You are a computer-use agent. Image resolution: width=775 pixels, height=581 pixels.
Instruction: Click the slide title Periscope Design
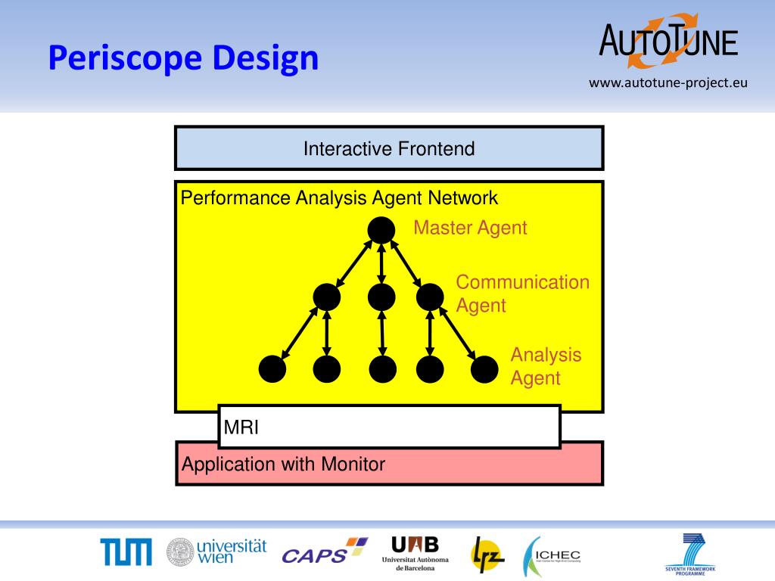pyautogui.click(x=183, y=57)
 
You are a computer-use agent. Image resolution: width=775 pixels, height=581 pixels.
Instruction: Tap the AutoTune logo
pyautogui.click(x=668, y=38)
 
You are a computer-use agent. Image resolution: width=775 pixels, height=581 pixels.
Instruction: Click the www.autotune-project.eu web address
pyautogui.click(x=668, y=82)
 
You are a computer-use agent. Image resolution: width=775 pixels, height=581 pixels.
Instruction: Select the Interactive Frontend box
pyautogui.click(x=389, y=148)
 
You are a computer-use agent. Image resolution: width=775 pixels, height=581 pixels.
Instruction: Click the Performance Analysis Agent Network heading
pyautogui.click(x=339, y=198)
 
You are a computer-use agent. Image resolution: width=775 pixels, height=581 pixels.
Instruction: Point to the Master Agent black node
pyautogui.click(x=381, y=230)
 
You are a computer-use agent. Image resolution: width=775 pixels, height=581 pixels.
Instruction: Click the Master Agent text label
pyautogui.click(x=470, y=228)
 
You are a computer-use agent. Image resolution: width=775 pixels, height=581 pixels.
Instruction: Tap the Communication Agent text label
pyautogui.click(x=522, y=294)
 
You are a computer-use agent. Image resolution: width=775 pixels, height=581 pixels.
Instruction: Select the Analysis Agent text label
pyautogui.click(x=546, y=366)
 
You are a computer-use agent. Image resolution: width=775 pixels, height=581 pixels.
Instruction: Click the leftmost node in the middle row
pyautogui.click(x=327, y=297)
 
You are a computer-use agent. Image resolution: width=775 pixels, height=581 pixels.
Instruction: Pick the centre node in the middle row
pyautogui.click(x=381, y=297)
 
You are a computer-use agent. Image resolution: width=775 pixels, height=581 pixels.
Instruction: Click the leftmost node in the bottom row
pyautogui.click(x=272, y=369)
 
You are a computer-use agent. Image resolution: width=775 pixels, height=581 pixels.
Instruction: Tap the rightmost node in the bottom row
pyautogui.click(x=484, y=369)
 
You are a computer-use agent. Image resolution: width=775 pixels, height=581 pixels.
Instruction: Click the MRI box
pyautogui.click(x=389, y=427)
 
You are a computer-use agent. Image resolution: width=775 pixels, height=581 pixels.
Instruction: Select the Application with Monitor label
pyautogui.click(x=283, y=464)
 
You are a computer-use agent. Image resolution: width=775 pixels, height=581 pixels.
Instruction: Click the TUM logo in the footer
pyautogui.click(x=126, y=552)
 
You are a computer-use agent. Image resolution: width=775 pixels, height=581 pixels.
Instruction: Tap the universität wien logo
pyautogui.click(x=216, y=552)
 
